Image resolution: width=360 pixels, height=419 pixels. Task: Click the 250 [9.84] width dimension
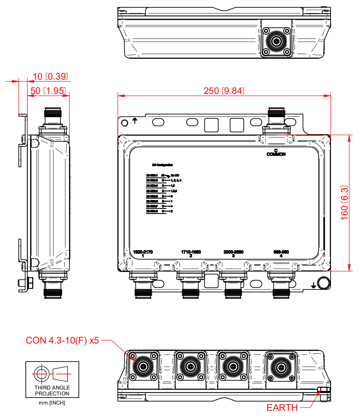224,91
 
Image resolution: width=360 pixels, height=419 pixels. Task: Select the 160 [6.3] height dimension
344,203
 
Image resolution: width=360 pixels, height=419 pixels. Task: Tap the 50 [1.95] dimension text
48,91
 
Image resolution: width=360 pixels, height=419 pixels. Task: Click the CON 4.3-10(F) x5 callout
62,340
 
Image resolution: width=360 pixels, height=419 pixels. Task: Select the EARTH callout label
282,408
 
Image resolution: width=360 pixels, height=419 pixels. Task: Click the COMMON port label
276,154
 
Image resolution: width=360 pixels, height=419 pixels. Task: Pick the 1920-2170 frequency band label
143,252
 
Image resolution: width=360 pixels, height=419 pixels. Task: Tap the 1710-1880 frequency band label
191,252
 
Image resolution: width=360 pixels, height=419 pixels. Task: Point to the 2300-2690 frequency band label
233,252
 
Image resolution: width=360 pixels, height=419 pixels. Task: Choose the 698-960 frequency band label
281,252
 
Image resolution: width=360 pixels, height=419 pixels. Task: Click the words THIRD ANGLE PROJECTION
52,390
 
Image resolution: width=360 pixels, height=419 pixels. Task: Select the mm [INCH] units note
52,403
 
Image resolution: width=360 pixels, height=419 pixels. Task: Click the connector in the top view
276,41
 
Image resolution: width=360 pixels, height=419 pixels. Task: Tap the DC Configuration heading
163,165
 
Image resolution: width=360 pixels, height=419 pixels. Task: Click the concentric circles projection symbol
41,374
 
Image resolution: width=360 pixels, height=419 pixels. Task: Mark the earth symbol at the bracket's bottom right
313,285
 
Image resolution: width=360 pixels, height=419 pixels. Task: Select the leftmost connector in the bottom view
143,366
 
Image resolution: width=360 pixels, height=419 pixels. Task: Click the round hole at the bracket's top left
125,123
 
